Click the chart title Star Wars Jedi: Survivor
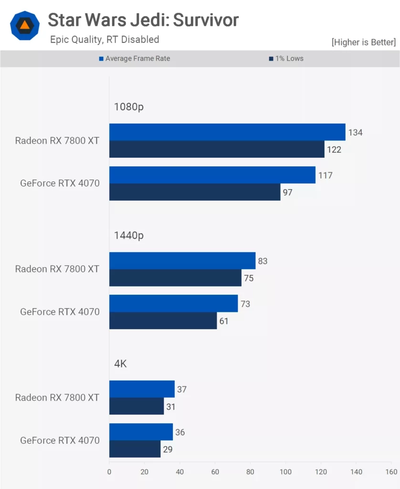[143, 20]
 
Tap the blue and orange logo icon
[25, 25]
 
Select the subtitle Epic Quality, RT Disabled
[105, 40]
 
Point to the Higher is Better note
[363, 42]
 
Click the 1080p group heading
[128, 106]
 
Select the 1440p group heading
[128, 235]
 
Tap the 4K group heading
[120, 363]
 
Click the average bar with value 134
[227, 132]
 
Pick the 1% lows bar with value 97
[195, 192]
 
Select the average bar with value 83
[182, 261]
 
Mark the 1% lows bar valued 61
[163, 320]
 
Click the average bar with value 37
[142, 389]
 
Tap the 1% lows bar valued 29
[135, 449]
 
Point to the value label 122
[334, 149]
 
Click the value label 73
[245, 304]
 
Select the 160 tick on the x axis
[391, 472]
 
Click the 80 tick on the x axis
[250, 472]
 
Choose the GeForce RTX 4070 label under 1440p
[60, 312]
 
